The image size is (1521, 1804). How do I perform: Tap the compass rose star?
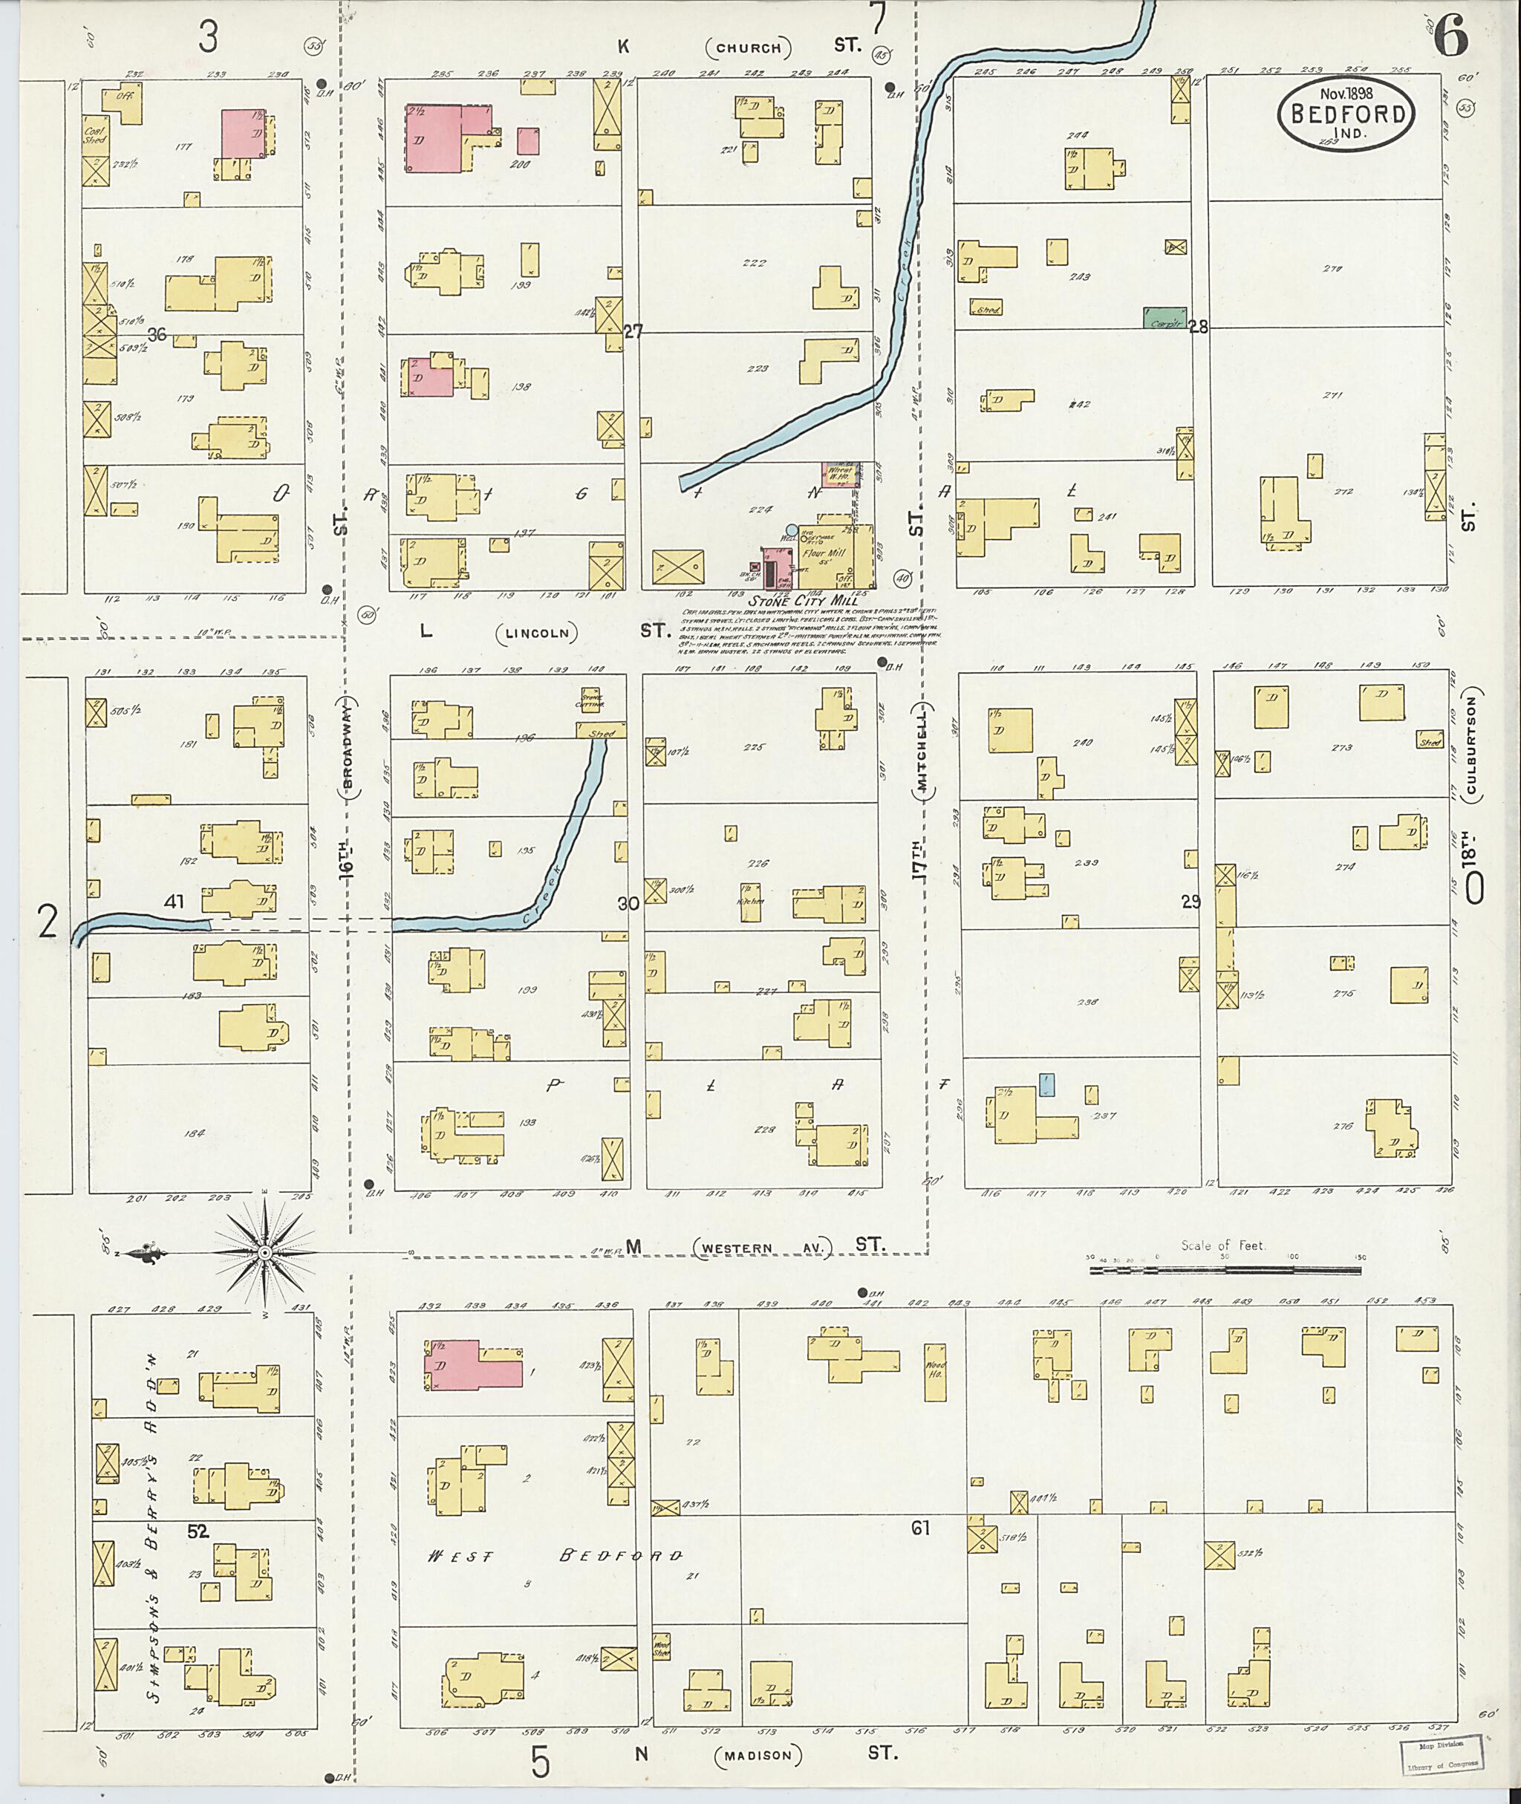pyautogui.click(x=266, y=1251)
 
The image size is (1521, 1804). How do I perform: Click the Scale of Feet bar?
pyautogui.click(x=1225, y=1269)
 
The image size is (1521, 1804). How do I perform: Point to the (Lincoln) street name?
pyautogui.click(x=537, y=633)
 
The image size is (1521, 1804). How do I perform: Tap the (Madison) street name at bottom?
pyautogui.click(x=757, y=1755)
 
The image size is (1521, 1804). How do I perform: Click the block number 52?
pyautogui.click(x=198, y=1531)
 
